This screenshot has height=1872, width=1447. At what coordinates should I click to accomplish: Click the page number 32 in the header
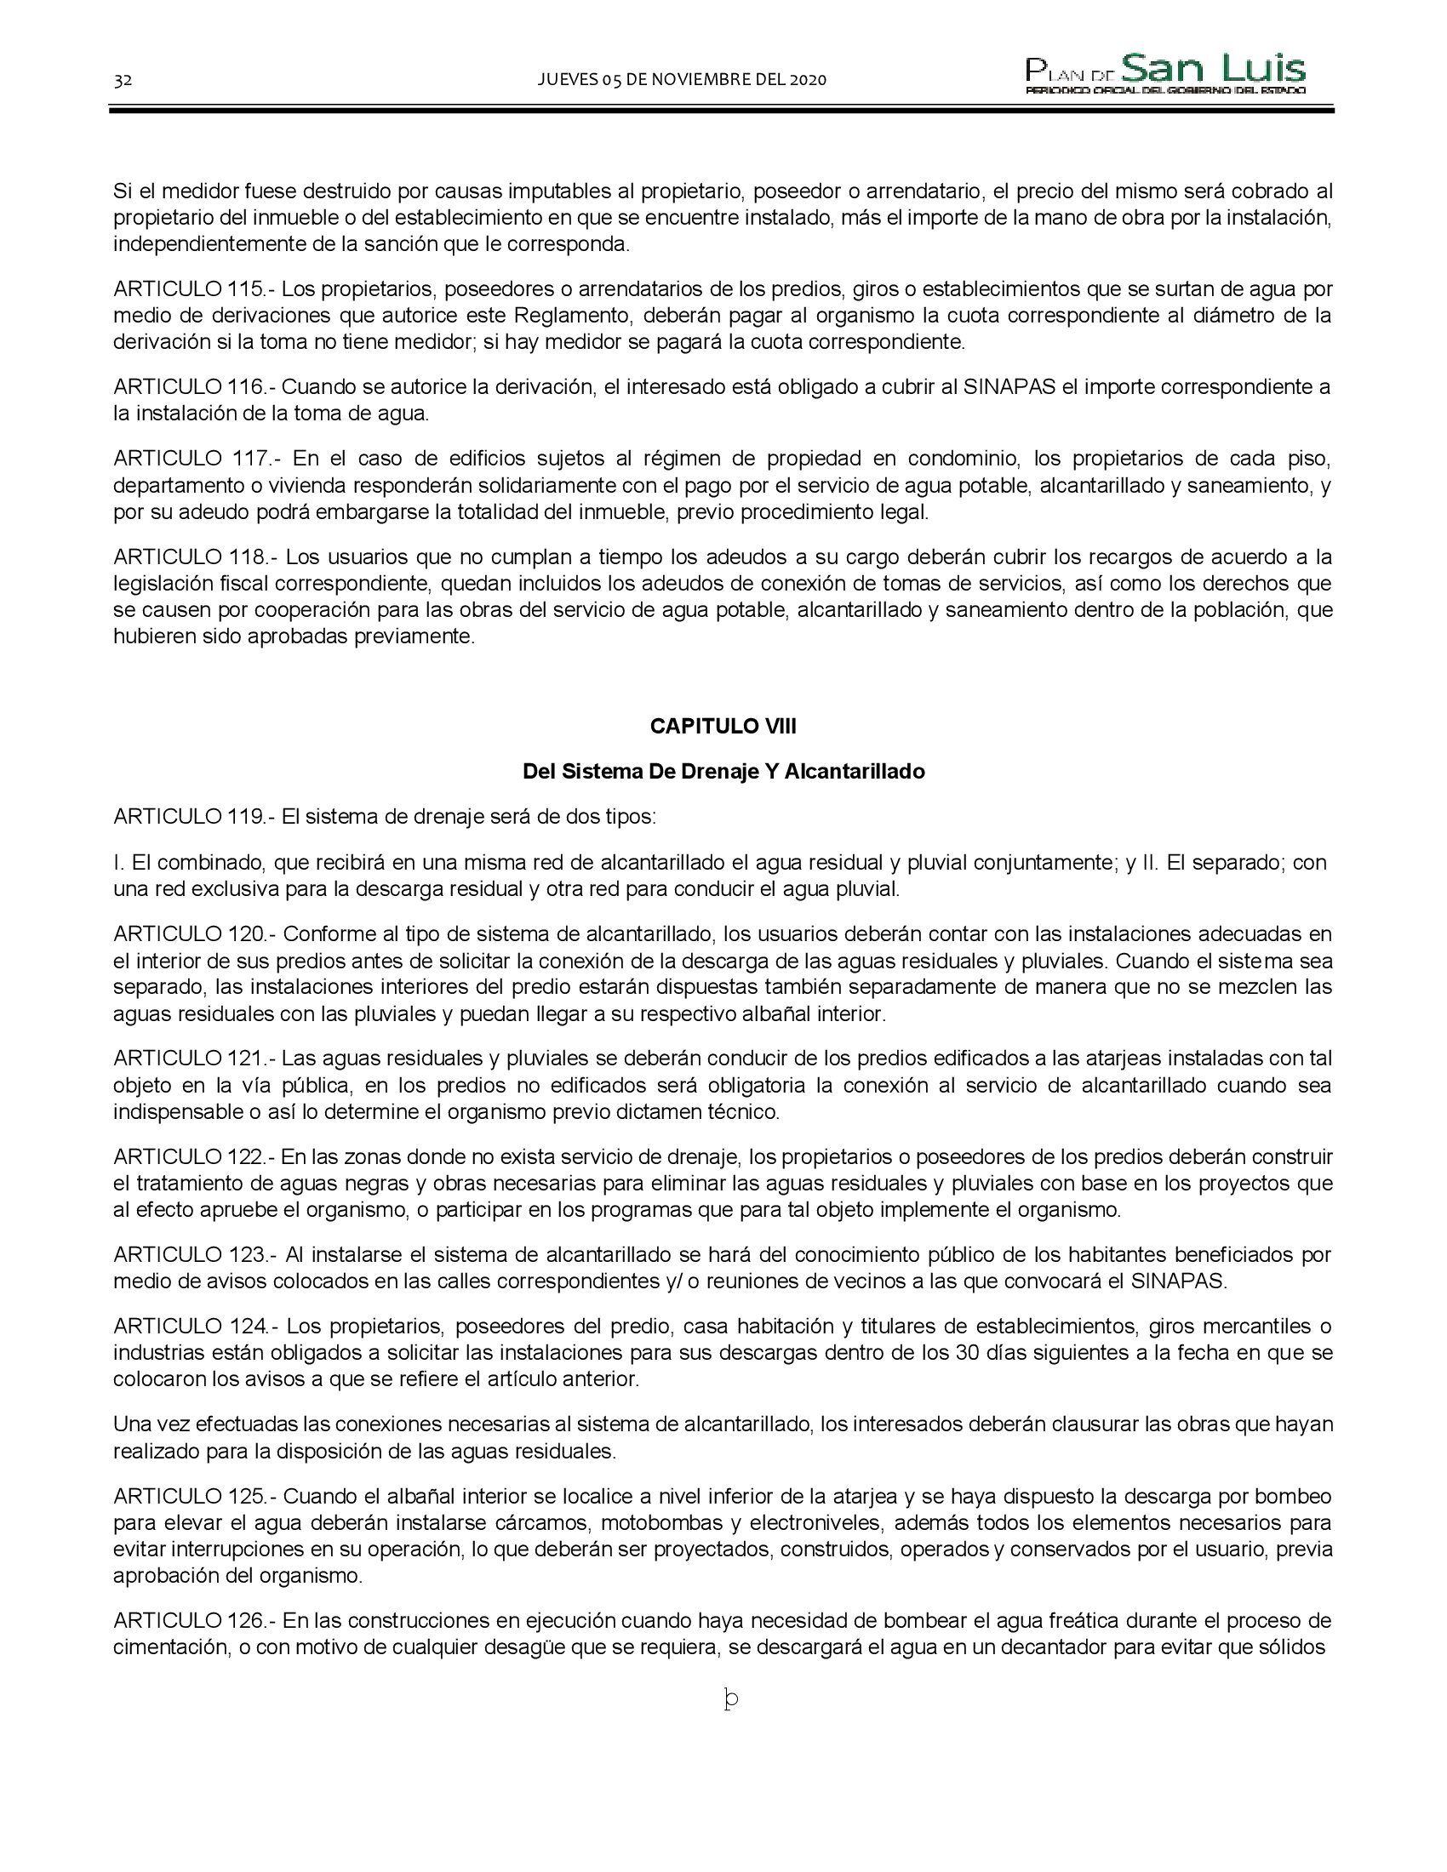coord(123,81)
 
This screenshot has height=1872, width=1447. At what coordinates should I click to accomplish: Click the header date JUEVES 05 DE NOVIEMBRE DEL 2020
coord(682,81)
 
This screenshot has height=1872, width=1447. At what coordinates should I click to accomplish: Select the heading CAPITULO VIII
coord(723,726)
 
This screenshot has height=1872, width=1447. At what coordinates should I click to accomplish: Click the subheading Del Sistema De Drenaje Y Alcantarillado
coord(723,772)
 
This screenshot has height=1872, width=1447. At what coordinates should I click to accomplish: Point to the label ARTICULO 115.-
coord(195,288)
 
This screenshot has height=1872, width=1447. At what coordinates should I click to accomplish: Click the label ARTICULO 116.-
coord(195,386)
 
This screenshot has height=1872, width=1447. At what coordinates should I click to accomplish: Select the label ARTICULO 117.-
coord(198,459)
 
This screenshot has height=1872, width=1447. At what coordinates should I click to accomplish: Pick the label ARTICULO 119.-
coord(195,817)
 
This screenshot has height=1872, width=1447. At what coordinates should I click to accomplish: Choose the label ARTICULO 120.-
coord(195,933)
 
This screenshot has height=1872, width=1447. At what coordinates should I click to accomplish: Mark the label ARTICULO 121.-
coord(195,1059)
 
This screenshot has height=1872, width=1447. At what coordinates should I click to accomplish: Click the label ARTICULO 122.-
coord(195,1157)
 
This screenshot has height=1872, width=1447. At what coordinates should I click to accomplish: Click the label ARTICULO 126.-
coord(195,1621)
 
